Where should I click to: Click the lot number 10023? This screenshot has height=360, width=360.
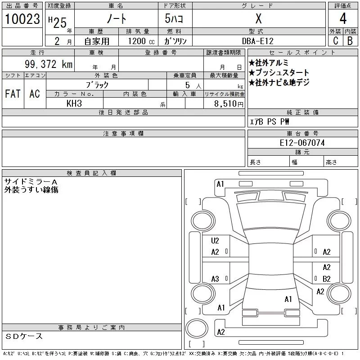22,19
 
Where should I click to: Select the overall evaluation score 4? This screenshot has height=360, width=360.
343,19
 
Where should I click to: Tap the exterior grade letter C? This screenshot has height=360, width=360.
335,40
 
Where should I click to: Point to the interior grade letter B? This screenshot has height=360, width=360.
350,40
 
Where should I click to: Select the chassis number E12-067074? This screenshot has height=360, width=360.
302,143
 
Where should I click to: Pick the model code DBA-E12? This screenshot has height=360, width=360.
258,41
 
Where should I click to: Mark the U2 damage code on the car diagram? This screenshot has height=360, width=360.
215,241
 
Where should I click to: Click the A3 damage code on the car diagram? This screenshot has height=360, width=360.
215,279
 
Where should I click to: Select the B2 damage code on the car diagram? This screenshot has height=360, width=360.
327,279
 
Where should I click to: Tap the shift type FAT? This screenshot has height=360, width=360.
13,94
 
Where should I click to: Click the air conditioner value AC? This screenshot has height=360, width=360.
35,94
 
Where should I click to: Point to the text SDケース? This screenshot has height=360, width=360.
25,336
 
